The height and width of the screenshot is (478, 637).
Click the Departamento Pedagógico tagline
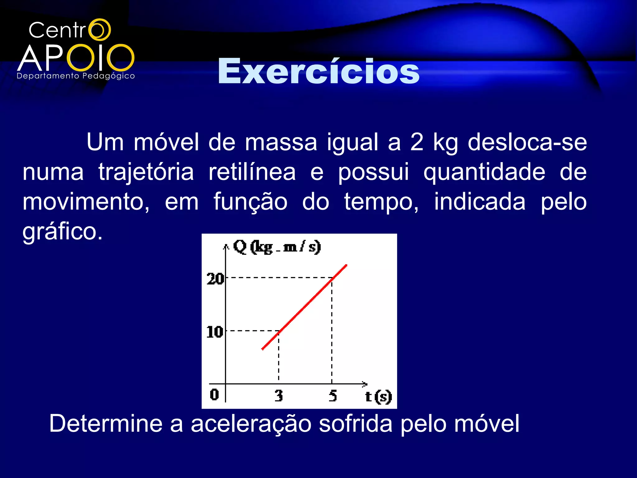[x=76, y=76]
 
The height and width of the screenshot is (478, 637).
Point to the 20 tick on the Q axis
[x=215, y=279]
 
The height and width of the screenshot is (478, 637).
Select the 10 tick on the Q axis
[x=215, y=332]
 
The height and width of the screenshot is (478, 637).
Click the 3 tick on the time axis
[x=279, y=396]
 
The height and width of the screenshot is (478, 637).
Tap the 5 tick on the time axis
[x=332, y=396]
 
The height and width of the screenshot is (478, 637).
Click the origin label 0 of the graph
[x=214, y=394]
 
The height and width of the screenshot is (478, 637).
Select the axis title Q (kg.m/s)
[x=277, y=247]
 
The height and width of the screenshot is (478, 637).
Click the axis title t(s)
[x=378, y=396]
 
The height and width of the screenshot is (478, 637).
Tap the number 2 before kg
[x=416, y=142]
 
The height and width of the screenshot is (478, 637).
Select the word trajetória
[x=146, y=172]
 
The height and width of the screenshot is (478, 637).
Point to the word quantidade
[x=484, y=172]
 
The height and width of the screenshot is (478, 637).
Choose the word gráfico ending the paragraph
[x=62, y=232]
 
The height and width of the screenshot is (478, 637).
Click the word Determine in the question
[x=106, y=423]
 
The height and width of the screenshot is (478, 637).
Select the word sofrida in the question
[x=356, y=423]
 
